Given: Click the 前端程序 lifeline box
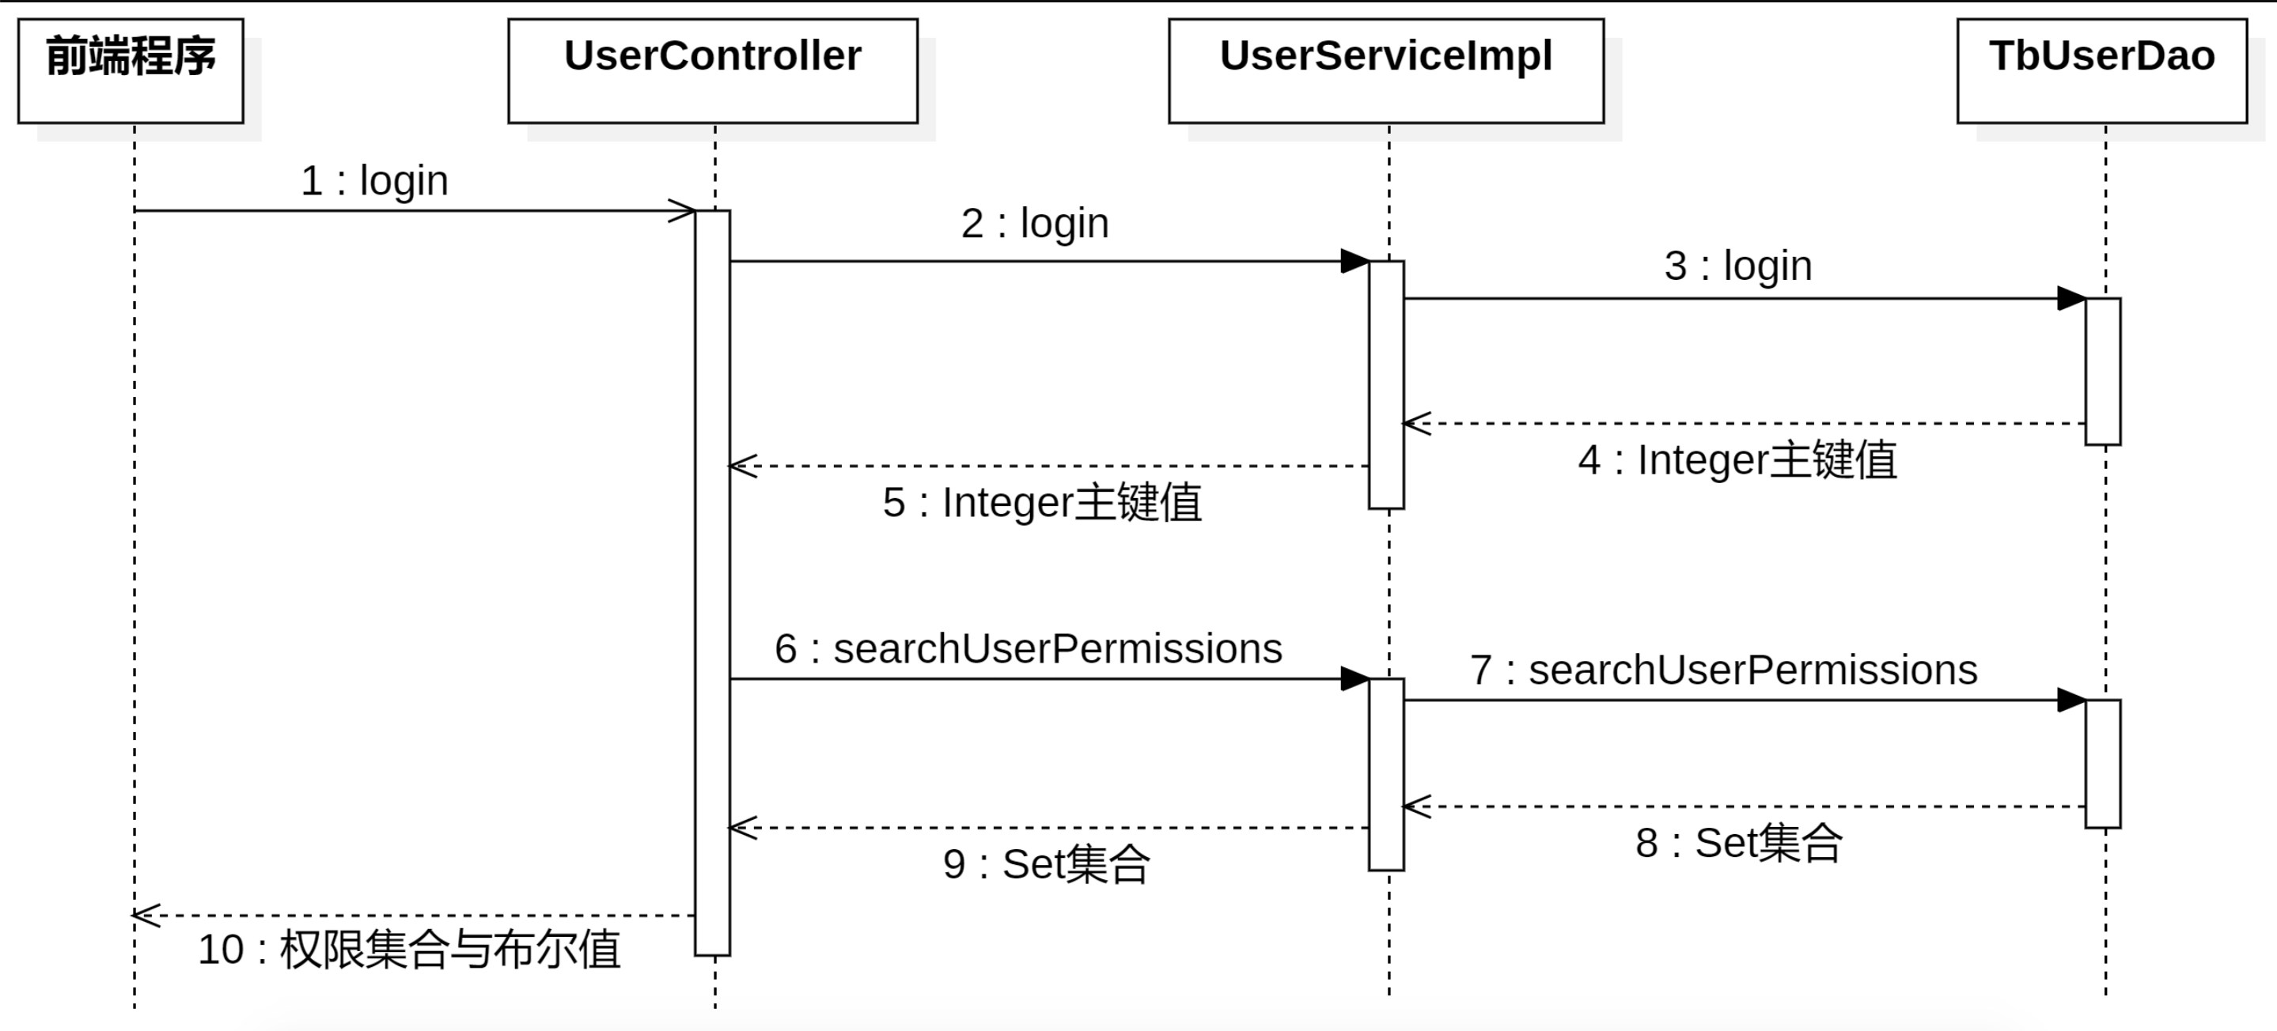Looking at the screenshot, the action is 131,70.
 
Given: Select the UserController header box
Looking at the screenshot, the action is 714,70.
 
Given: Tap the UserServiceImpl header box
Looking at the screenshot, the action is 1386,70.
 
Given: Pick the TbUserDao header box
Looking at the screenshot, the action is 2102,70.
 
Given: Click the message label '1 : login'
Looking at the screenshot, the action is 375,181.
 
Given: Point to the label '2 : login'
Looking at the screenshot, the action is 1035,224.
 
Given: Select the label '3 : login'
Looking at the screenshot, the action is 1737,266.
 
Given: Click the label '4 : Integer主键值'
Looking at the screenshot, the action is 1737,460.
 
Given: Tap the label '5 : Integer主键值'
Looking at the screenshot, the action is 1042,503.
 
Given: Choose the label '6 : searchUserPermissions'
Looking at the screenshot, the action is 1029,649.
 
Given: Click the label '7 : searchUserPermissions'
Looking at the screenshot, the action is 1724,670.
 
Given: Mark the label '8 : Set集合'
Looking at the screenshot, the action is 1739,843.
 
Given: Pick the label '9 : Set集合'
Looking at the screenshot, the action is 1047,864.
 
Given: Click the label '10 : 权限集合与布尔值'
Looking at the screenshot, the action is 409,950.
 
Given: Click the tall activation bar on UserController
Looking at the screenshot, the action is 712,583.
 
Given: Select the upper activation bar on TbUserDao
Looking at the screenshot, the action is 2103,371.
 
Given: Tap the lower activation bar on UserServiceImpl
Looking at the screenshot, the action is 1386,775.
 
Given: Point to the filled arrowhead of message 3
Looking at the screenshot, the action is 2072,299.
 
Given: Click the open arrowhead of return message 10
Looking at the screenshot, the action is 146,916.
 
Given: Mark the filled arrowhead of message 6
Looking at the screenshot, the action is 1355,679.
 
